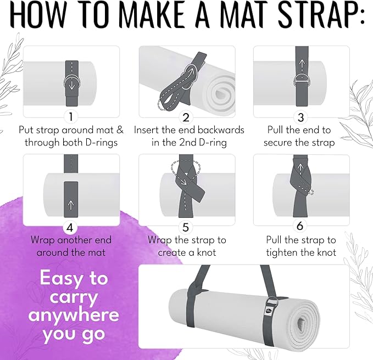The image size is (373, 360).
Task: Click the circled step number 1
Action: tap(70, 117)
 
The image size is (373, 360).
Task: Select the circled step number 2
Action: tap(186, 117)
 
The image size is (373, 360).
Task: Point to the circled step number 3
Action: tap(300, 117)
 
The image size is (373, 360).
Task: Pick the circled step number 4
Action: tap(70, 227)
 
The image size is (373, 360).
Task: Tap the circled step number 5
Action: tap(186, 227)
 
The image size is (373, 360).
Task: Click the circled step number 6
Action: tap(300, 227)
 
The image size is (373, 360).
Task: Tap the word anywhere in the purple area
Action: tap(74, 315)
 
